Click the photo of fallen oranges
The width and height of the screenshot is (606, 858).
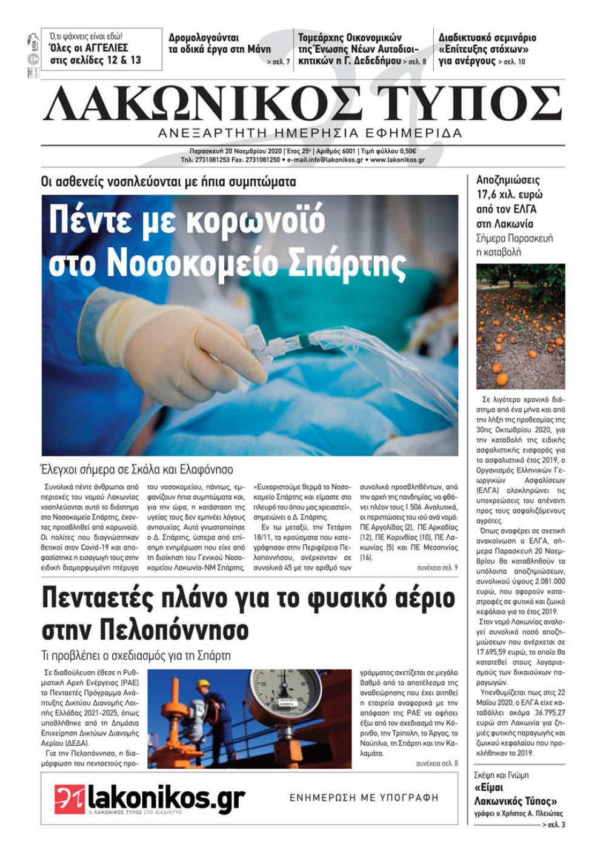coord(521,326)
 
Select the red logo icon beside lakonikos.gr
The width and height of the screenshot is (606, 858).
coord(69,799)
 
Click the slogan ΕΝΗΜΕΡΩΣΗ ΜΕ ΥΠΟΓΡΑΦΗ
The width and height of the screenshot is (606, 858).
coord(364,798)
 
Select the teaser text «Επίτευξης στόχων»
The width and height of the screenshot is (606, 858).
coord(484,49)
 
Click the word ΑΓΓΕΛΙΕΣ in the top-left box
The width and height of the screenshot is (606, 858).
coord(107,47)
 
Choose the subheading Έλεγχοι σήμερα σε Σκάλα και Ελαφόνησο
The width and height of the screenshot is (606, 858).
coord(137,469)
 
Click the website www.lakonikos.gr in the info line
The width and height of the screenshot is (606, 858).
coord(397,160)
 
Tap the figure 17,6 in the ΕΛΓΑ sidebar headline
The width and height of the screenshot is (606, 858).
coord(488,195)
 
